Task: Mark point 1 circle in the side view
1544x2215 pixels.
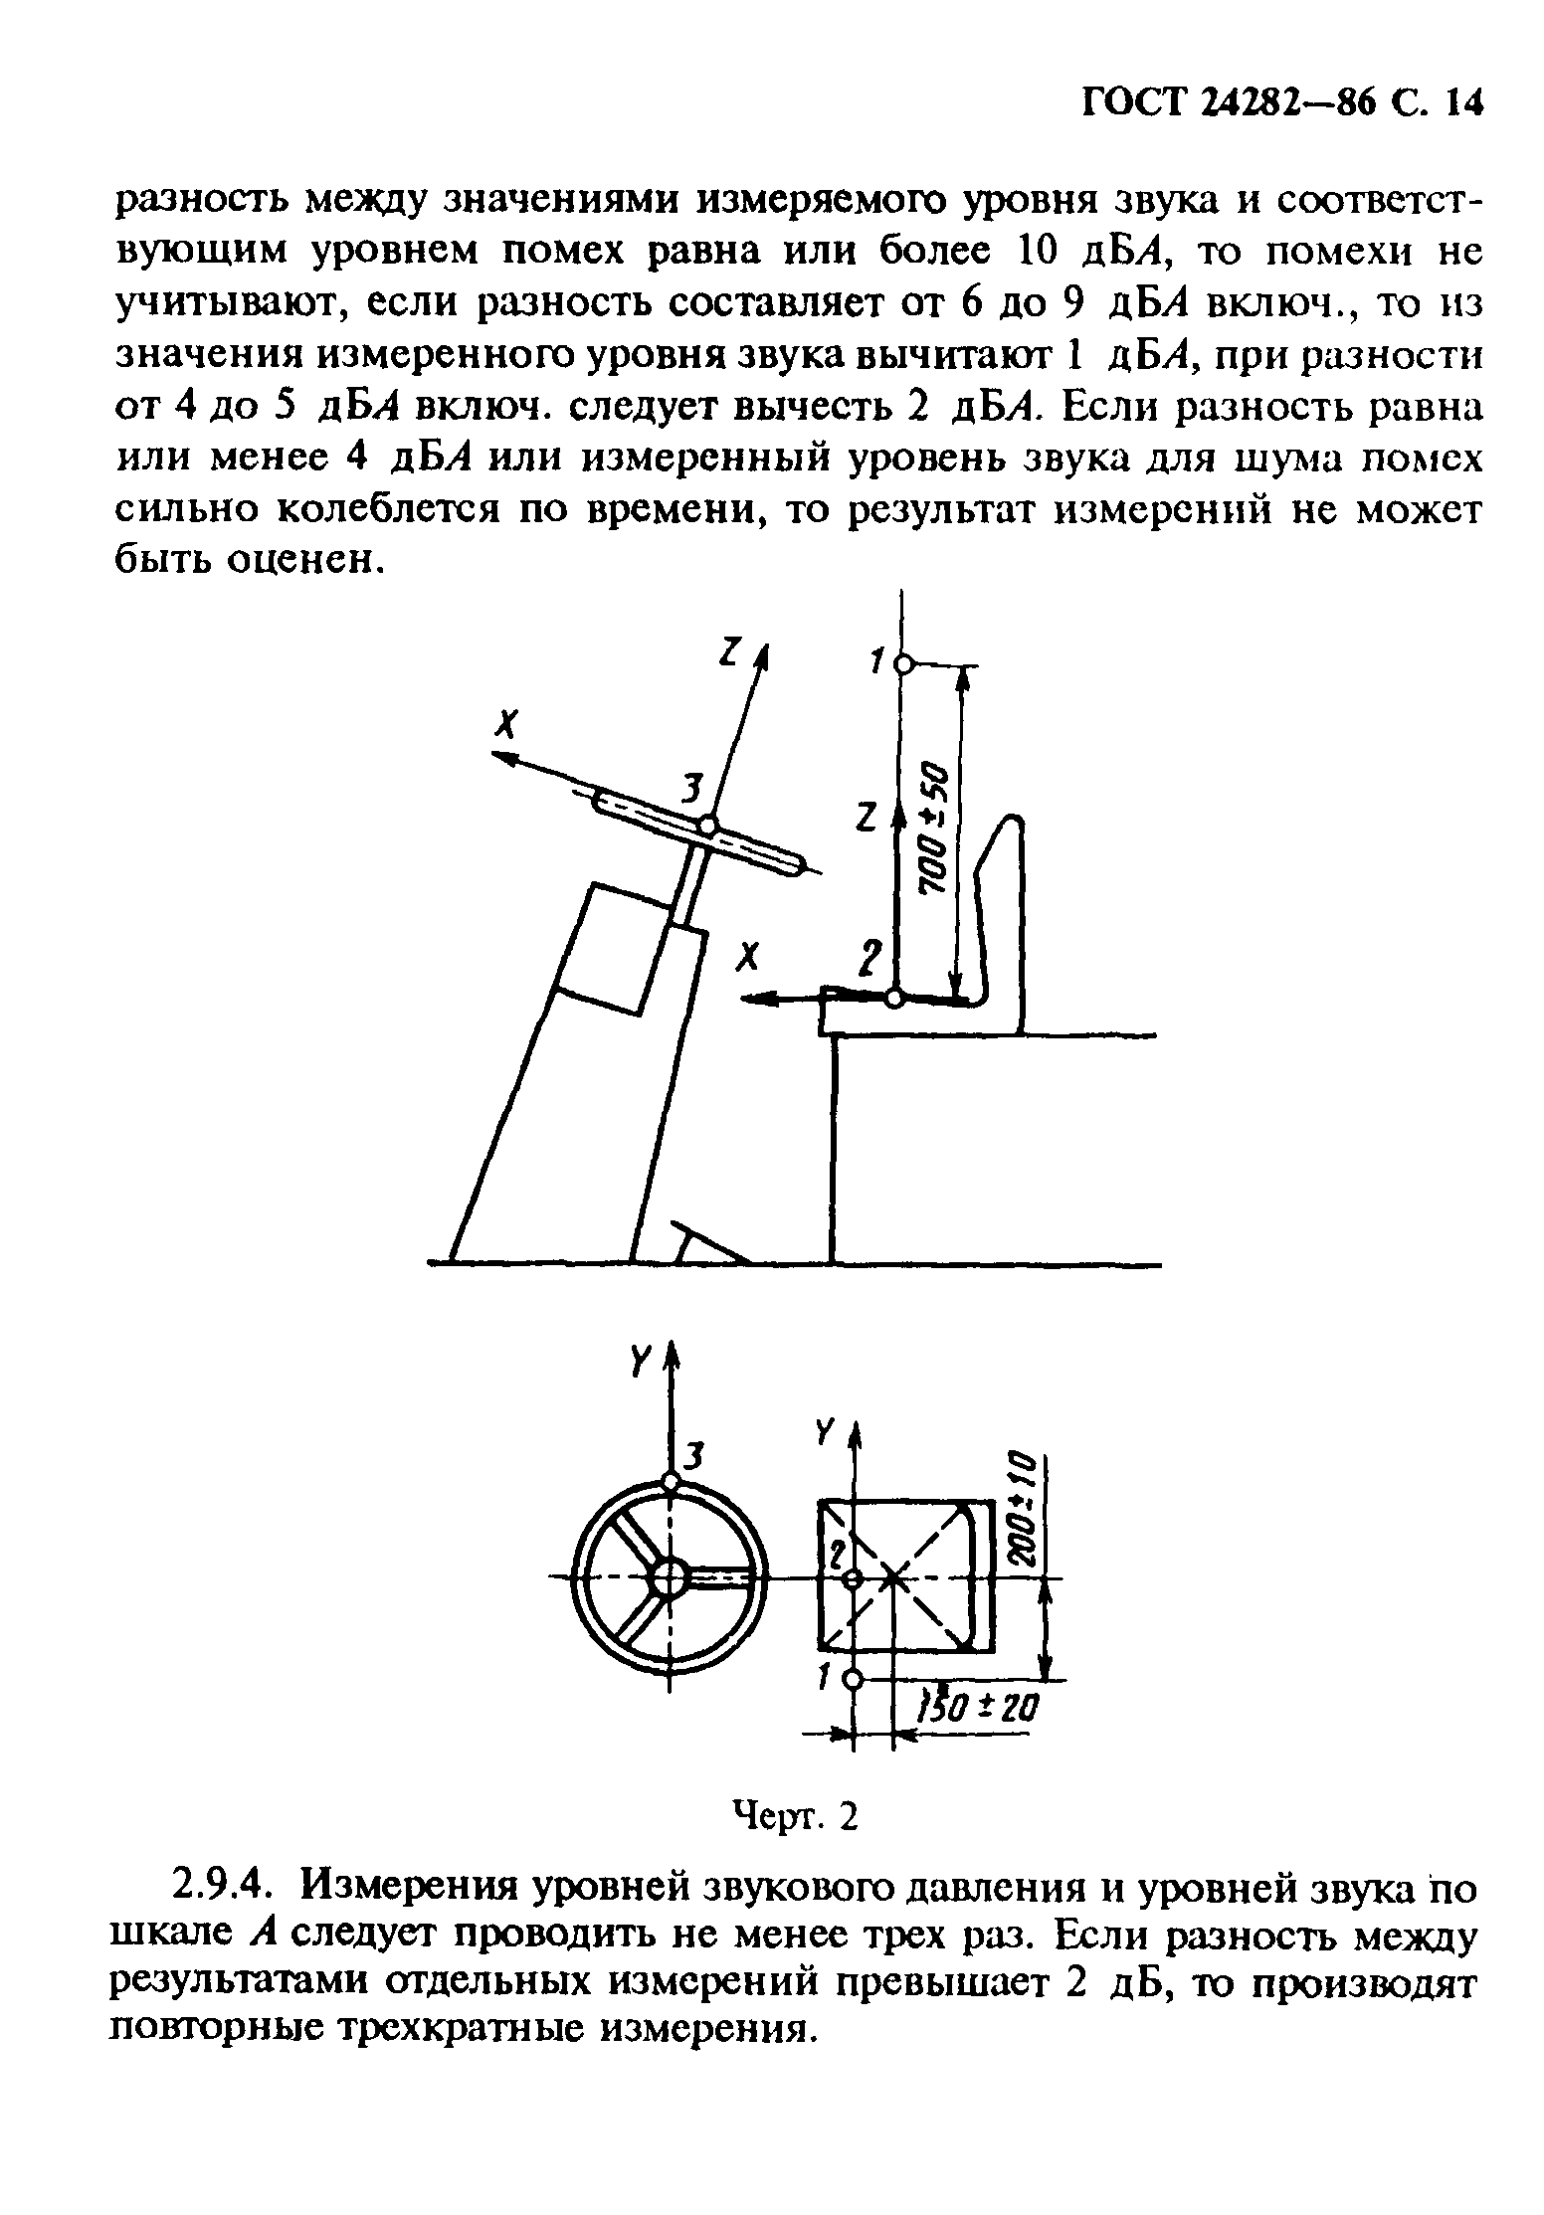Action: click(902, 664)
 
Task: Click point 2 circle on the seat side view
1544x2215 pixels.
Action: click(895, 998)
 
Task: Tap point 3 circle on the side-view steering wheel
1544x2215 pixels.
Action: click(708, 825)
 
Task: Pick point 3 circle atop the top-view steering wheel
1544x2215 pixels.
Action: click(671, 1482)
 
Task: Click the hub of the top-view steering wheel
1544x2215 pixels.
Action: click(670, 1576)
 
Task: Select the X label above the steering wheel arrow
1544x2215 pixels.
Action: click(508, 727)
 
